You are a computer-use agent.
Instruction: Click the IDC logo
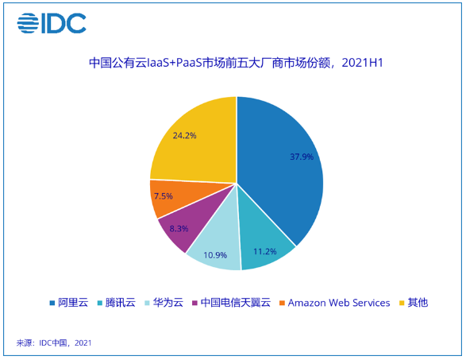(52, 23)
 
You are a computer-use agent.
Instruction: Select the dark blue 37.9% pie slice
(286, 167)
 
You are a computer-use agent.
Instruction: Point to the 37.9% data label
(301, 157)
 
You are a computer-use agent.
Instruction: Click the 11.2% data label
(264, 251)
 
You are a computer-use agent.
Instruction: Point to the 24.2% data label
(183, 136)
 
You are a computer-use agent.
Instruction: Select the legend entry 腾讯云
(115, 303)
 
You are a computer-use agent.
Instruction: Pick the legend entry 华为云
(163, 303)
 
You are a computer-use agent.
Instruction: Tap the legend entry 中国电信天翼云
(229, 303)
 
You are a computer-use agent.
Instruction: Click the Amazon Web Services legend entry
(333, 303)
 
